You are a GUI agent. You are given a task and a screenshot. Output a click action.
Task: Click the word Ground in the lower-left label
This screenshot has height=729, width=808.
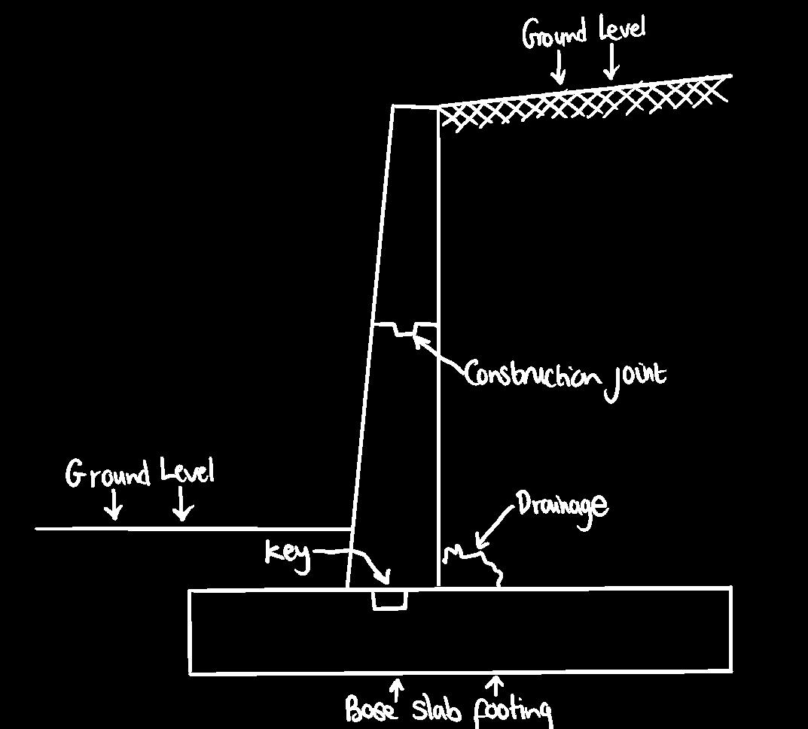click(108, 474)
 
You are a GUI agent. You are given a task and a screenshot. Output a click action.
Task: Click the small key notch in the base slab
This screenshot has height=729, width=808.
click(389, 600)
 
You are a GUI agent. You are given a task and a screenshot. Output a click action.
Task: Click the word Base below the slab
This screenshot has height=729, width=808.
click(371, 709)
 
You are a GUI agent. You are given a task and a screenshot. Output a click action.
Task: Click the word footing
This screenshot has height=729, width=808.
click(513, 711)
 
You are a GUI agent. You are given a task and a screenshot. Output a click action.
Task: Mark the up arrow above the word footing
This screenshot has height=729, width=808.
click(495, 685)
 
